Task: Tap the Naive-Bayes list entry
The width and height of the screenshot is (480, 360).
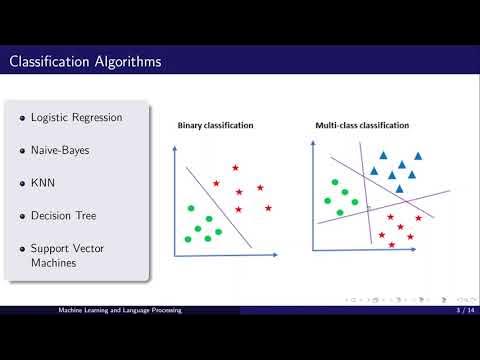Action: pos(69,151)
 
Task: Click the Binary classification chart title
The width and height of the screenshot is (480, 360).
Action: pos(215,126)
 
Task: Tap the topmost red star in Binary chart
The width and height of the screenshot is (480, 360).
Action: pos(235,167)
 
